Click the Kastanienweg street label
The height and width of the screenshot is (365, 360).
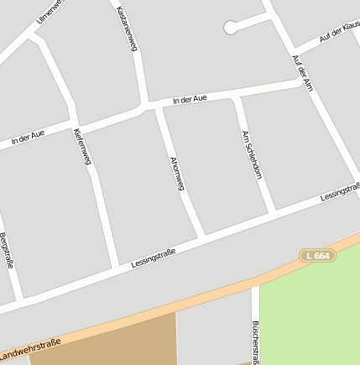pos(127,29)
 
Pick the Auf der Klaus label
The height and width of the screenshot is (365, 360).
pos(339,33)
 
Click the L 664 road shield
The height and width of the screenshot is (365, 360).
pos(318,254)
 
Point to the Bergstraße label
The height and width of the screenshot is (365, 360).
pos(7,249)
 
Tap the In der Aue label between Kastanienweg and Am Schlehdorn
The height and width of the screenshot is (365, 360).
pos(189,100)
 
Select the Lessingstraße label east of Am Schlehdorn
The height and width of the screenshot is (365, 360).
pos(341,192)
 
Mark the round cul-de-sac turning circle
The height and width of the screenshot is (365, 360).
pos(230,28)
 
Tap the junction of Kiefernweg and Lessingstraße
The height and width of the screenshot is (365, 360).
pos(116,267)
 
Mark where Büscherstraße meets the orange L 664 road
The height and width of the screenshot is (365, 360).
pos(255,282)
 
